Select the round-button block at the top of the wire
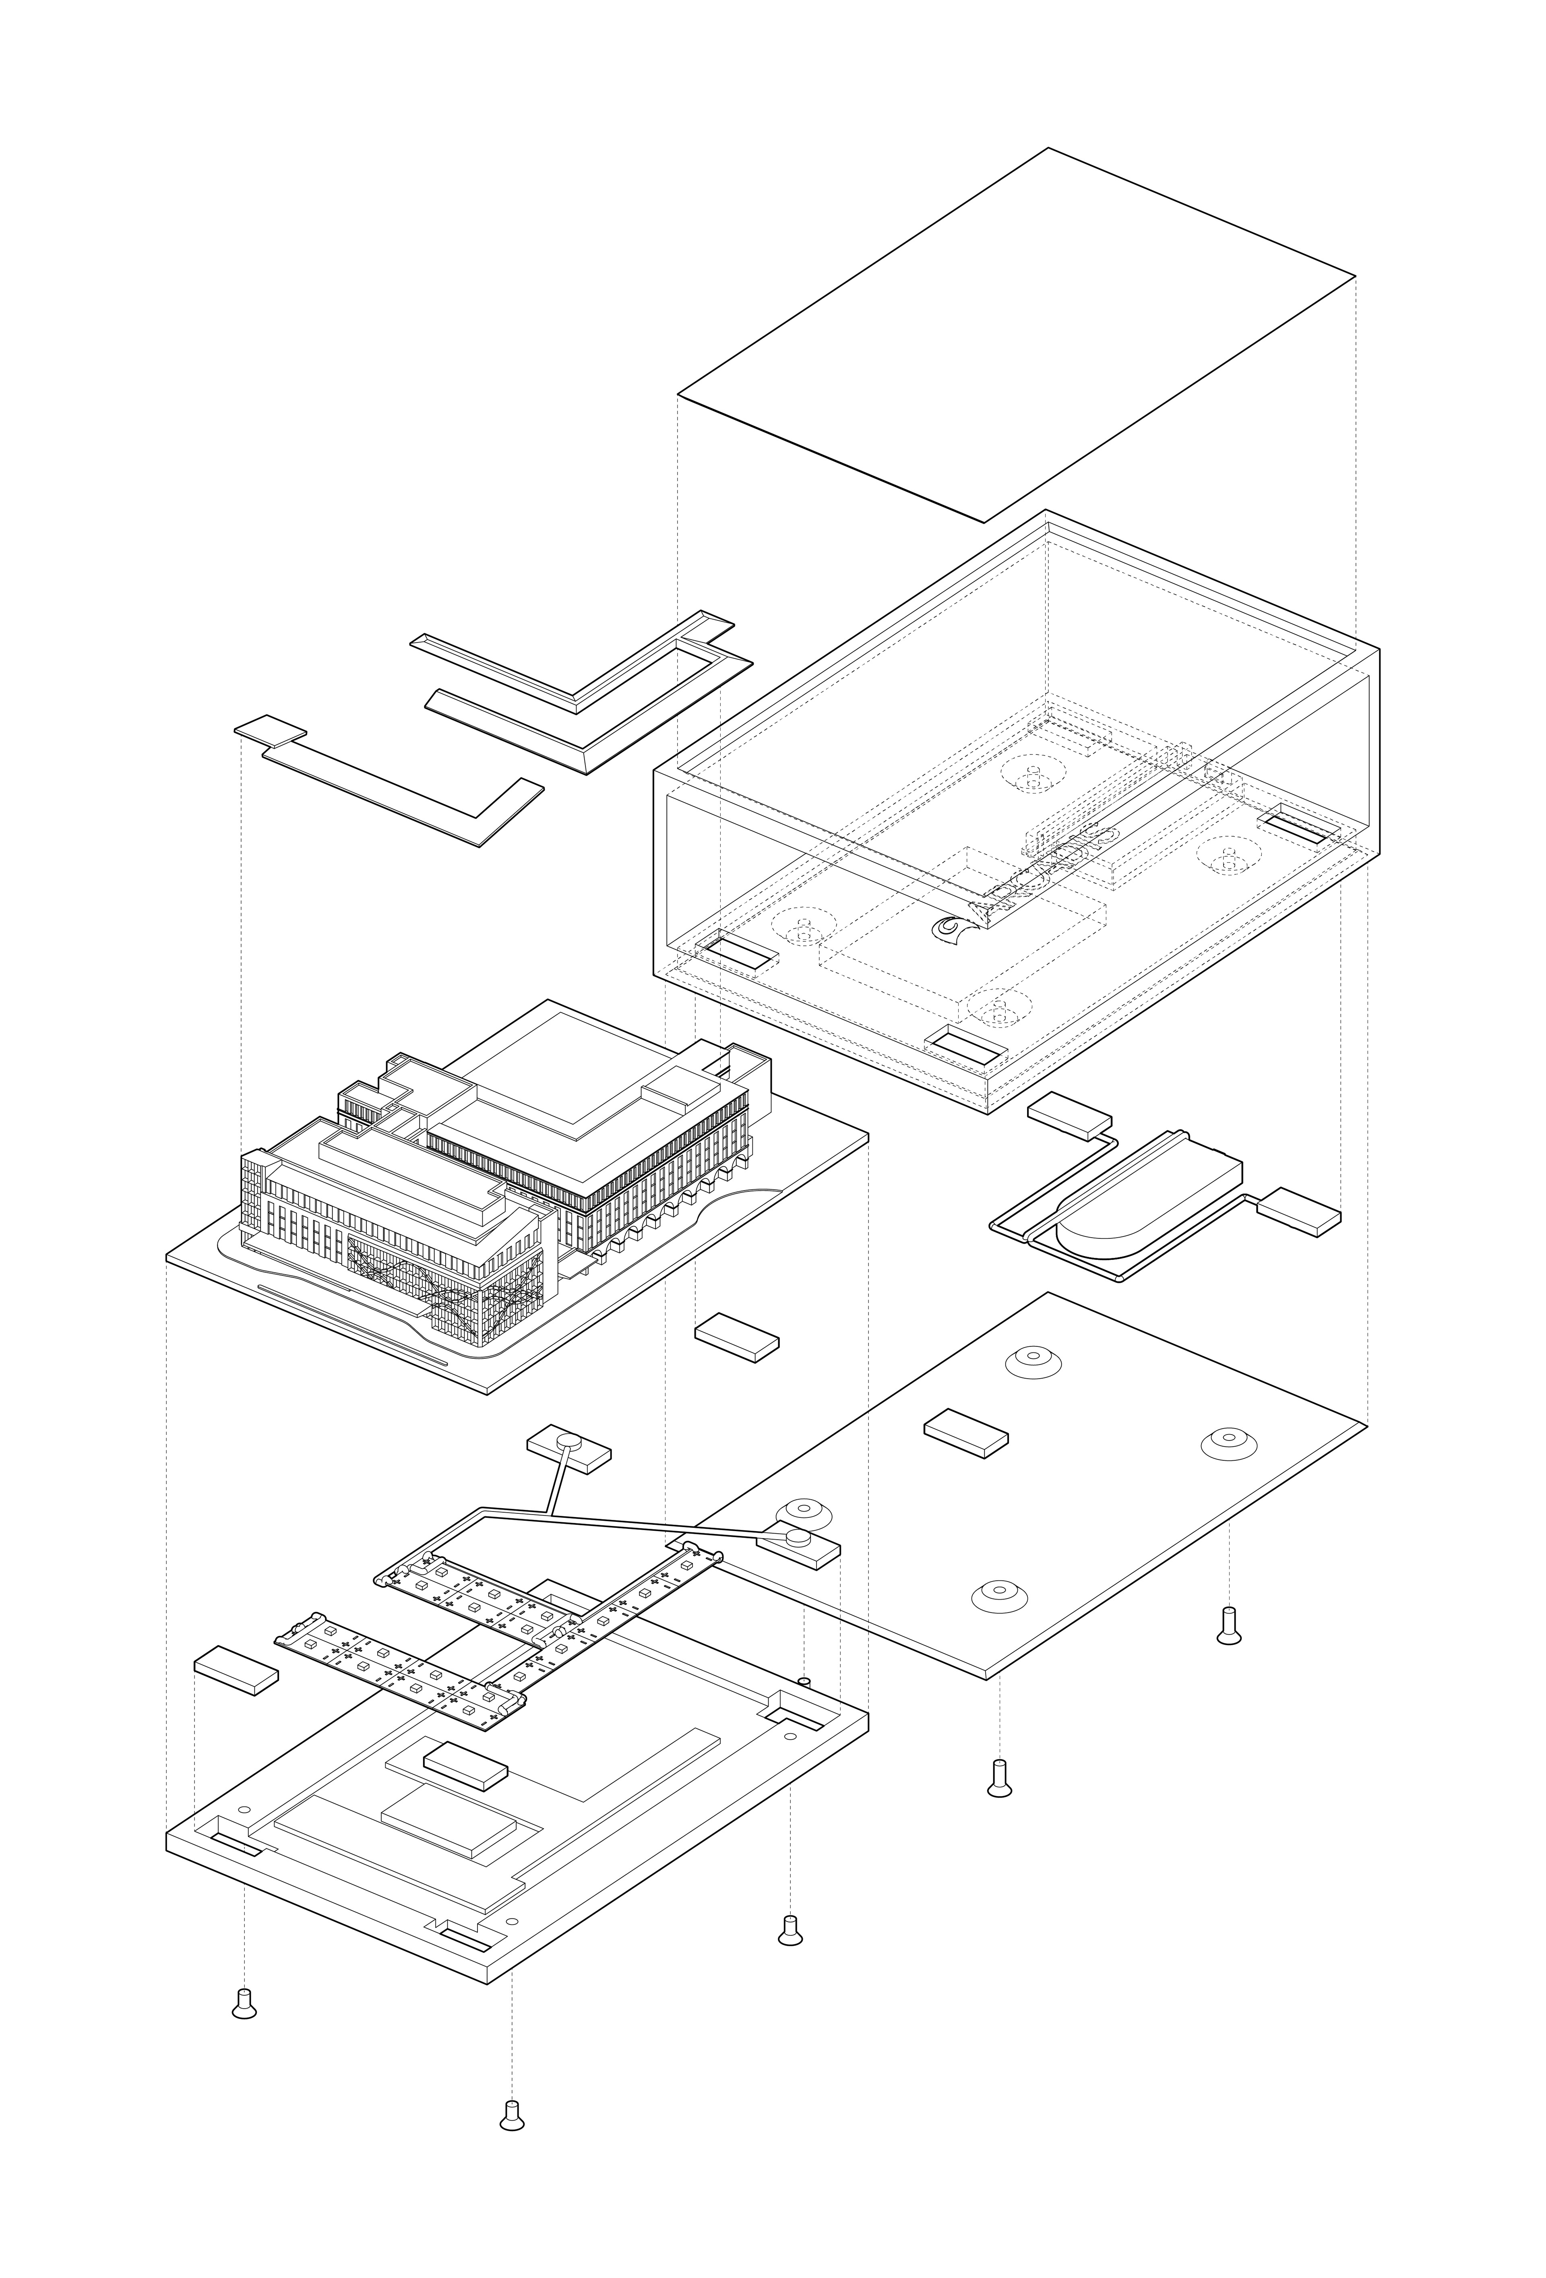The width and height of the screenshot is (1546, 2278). (x=568, y=1450)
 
